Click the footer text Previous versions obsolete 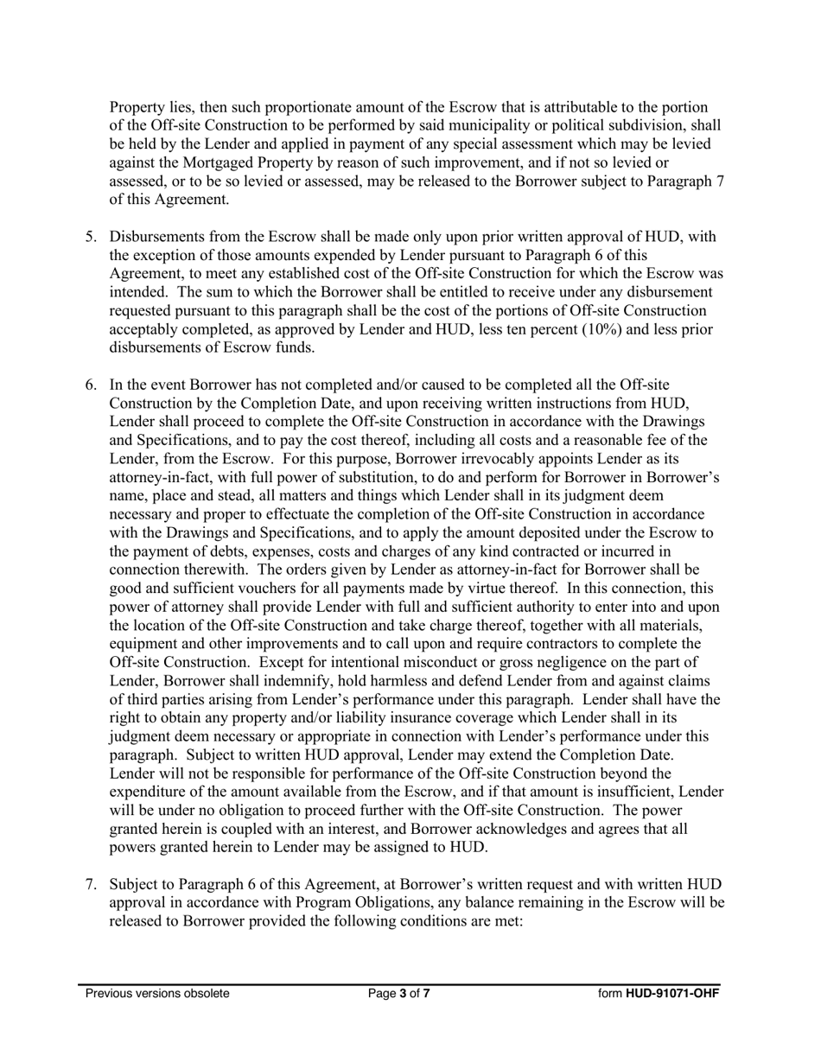[x=157, y=993]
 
